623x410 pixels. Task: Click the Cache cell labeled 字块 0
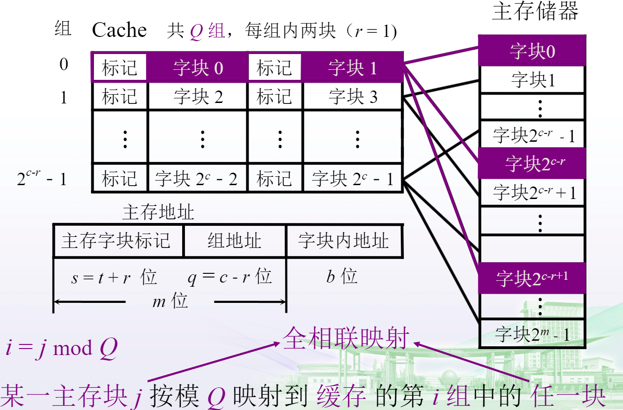(198, 68)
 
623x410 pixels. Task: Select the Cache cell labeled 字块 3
(353, 97)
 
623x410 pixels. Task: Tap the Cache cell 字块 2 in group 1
(198, 97)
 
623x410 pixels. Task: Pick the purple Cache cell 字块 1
(353, 68)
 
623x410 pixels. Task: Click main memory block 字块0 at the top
(532, 51)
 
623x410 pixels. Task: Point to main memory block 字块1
(532, 80)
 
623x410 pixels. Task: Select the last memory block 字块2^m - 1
(532, 334)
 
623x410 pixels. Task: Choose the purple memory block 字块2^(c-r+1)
(532, 278)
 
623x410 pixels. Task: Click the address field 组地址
(234, 241)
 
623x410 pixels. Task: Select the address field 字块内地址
(344, 241)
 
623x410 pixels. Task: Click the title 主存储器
(535, 12)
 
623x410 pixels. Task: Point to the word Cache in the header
(119, 30)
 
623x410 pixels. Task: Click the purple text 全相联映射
(346, 338)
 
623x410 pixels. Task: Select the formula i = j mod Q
(61, 348)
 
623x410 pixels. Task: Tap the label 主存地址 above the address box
(158, 212)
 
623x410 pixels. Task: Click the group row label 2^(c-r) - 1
(42, 178)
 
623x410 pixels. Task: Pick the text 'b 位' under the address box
(342, 277)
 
